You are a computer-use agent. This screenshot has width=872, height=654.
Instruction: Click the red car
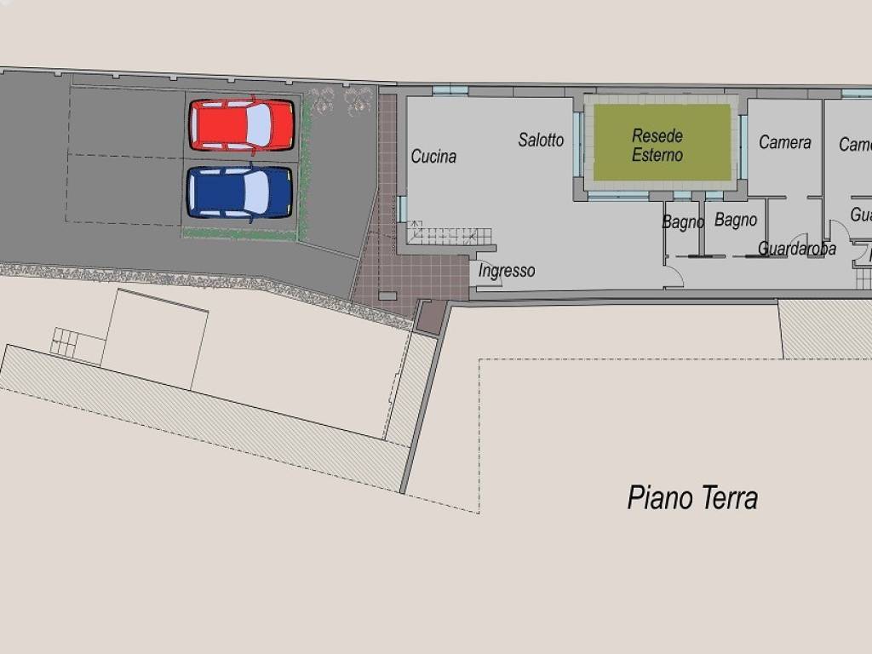(x=242, y=125)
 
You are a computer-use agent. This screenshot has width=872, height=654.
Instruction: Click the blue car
(x=239, y=192)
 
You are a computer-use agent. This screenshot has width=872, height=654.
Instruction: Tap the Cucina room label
(x=433, y=157)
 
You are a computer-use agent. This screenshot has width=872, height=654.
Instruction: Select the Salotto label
(x=541, y=140)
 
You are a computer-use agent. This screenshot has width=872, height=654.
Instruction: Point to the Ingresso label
(x=507, y=271)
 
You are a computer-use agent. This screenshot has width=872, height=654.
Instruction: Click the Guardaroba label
(x=796, y=249)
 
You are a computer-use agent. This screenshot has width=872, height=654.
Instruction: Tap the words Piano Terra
(x=692, y=497)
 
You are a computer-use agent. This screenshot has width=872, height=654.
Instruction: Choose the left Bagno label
(x=683, y=222)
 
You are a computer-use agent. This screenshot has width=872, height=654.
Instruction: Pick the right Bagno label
(x=736, y=220)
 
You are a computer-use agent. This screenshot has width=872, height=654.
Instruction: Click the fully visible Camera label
(x=784, y=142)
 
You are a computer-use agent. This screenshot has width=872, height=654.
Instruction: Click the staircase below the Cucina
(x=449, y=235)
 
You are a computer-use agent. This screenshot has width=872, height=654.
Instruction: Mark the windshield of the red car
(x=258, y=125)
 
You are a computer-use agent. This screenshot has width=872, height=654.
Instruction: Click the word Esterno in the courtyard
(x=657, y=155)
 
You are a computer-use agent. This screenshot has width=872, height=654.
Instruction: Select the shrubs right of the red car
(x=341, y=100)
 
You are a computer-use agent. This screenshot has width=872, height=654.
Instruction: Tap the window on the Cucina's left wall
(x=400, y=209)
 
